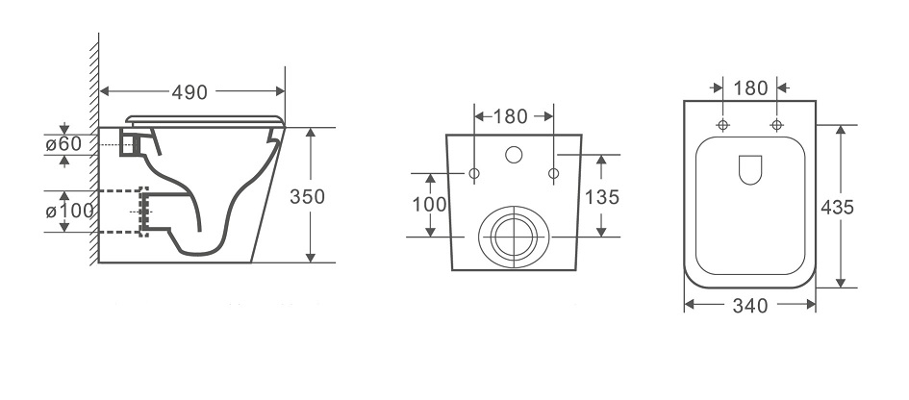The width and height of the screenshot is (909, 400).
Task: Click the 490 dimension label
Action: (x=189, y=91)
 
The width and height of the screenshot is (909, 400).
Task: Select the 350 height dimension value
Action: (x=307, y=196)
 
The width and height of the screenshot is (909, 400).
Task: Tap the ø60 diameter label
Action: (x=63, y=143)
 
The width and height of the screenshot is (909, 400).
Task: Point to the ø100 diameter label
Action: (x=69, y=211)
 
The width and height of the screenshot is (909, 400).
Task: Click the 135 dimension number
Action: (x=602, y=197)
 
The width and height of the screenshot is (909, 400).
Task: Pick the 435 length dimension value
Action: (x=837, y=207)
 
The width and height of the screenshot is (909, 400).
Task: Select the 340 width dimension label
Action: (x=750, y=306)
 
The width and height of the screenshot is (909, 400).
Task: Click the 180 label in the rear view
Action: (x=510, y=116)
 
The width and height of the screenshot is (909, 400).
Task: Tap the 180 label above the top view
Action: (x=750, y=88)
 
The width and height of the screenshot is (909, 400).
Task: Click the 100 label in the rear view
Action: (x=430, y=204)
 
